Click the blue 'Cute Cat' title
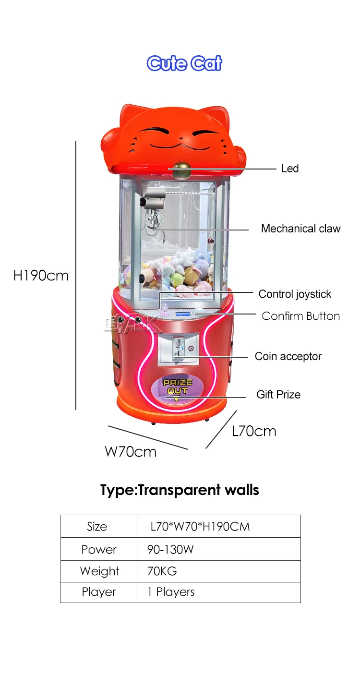184,63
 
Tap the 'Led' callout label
289,169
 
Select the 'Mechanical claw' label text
300,229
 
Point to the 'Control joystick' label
295,294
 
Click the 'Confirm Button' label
300,316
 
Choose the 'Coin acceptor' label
288,356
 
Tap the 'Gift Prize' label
278,395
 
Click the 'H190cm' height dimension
41,276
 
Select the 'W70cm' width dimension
131,452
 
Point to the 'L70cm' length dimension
254,431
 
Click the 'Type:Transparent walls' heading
180,490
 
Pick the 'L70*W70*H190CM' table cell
200,526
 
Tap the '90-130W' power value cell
170,549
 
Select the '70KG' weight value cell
162,571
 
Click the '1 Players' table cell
171,592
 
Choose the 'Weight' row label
99,571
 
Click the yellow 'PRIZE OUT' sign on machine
178,387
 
